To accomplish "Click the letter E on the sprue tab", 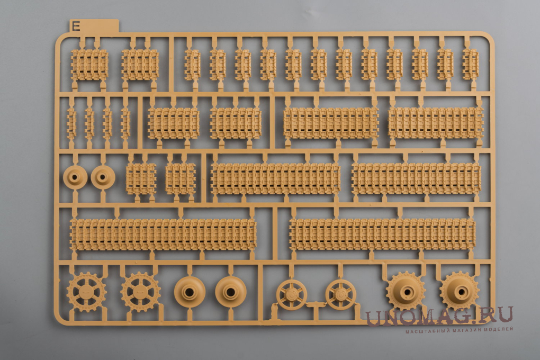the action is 76,26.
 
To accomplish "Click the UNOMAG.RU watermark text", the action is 439,316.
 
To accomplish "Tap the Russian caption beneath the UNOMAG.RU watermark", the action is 459,330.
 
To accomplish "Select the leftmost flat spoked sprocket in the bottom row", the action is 86,292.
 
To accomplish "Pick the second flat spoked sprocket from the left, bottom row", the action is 140,292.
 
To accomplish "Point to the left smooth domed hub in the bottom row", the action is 190,292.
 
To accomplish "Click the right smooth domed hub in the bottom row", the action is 231,292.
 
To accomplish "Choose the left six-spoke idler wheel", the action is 291,295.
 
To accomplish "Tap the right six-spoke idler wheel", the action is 340,294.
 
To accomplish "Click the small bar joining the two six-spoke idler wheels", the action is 316,304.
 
